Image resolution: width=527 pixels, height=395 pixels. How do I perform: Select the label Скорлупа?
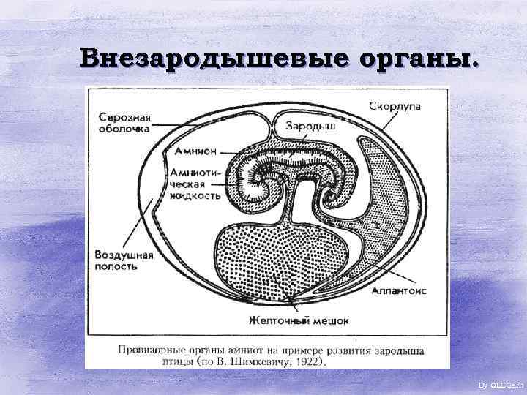395,106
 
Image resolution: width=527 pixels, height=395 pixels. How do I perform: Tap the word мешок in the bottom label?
329,320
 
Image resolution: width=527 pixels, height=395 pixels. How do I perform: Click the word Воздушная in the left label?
124,255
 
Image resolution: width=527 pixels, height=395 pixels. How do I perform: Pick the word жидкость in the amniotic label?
195,195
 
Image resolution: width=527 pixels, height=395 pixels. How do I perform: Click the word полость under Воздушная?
116,267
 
